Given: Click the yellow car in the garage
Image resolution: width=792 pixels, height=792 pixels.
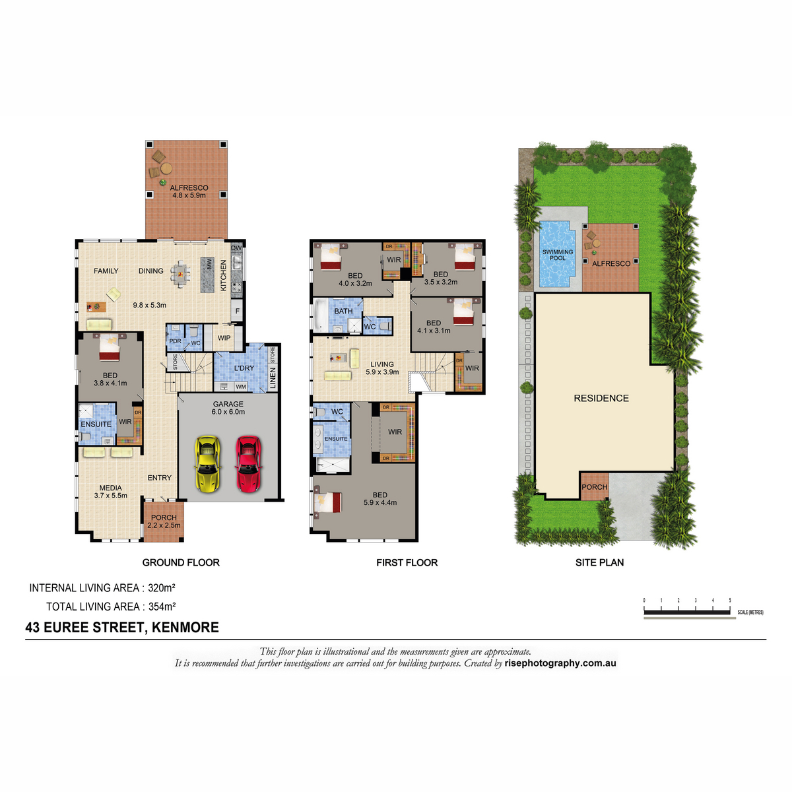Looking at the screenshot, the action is pyautogui.click(x=207, y=463).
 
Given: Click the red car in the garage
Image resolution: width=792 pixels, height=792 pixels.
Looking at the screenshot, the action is pyautogui.click(x=248, y=463).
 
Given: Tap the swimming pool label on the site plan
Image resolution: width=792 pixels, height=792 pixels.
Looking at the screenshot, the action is pyautogui.click(x=557, y=255).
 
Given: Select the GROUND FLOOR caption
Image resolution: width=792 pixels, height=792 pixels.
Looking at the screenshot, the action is pyautogui.click(x=181, y=563).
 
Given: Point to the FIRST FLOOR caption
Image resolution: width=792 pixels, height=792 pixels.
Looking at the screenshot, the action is pyautogui.click(x=407, y=563).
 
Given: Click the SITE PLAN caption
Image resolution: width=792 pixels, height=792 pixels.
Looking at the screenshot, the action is pyautogui.click(x=599, y=563).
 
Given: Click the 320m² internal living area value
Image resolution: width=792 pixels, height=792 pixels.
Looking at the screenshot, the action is pyautogui.click(x=162, y=588).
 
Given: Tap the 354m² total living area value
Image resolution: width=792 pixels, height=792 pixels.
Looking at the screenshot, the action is pyautogui.click(x=162, y=607).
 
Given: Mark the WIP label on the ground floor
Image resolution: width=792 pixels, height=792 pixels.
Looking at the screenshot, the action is pyautogui.click(x=224, y=338).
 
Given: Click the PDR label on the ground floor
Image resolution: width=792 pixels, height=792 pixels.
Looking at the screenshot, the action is pyautogui.click(x=175, y=341).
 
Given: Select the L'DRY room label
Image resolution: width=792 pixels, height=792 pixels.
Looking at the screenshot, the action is pyautogui.click(x=244, y=368).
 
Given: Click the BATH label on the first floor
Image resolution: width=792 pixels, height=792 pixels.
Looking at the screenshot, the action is pyautogui.click(x=343, y=311).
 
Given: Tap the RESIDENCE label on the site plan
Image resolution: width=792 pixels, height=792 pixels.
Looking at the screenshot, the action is pyautogui.click(x=601, y=398).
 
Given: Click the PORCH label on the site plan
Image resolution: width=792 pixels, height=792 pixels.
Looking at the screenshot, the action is pyautogui.click(x=594, y=487).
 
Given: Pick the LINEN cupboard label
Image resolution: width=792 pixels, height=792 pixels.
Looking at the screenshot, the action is pyautogui.click(x=273, y=378).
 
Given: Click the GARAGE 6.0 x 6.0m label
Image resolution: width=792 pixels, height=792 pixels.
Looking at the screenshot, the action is pyautogui.click(x=228, y=408).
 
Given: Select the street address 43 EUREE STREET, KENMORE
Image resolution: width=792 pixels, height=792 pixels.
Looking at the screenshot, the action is pyautogui.click(x=122, y=628).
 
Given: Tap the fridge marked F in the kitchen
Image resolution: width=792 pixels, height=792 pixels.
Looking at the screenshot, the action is pyautogui.click(x=237, y=311).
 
